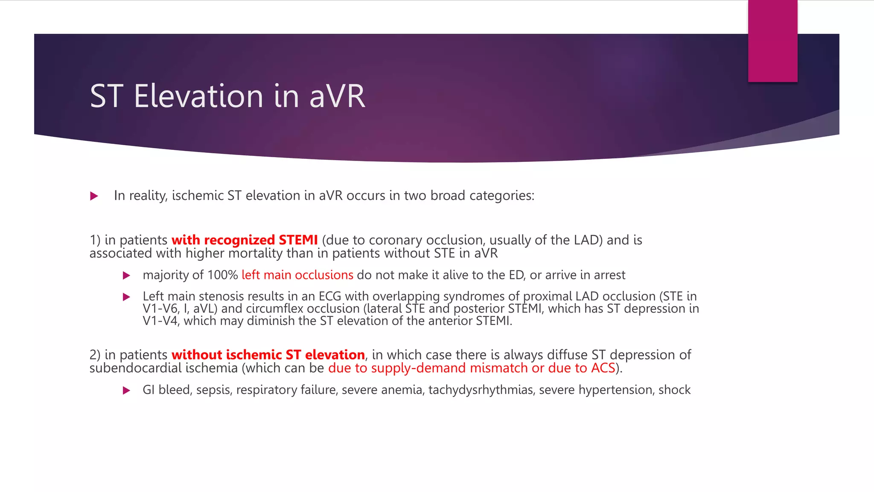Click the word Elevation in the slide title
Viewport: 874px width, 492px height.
point(198,96)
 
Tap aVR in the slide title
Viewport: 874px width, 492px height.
point(337,96)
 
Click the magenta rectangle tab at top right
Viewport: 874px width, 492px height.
point(772,41)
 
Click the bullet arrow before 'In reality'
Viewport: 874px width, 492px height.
point(94,196)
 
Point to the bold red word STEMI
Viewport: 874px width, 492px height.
point(298,240)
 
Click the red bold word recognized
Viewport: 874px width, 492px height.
point(239,240)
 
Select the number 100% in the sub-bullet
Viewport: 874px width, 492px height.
point(223,275)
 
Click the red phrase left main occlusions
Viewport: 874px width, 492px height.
point(297,275)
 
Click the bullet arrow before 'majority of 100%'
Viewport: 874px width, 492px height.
point(126,275)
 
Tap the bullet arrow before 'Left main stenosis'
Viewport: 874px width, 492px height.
point(126,297)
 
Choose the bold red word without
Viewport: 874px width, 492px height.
point(196,355)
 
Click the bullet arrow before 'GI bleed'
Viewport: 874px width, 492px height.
point(126,390)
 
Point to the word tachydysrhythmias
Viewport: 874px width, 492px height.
point(481,390)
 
